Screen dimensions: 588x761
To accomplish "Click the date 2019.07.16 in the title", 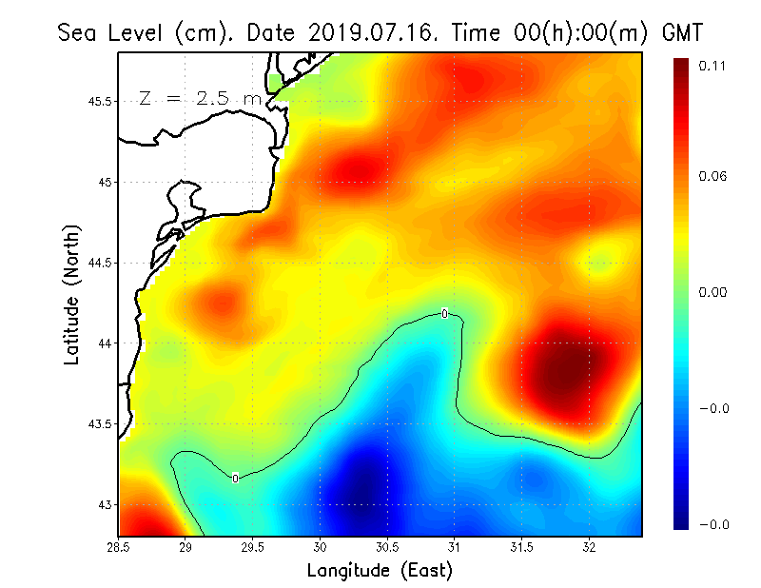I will pyautogui.click(x=369, y=32).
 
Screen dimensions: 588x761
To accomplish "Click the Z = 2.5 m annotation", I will pyautogui.click(x=199, y=98).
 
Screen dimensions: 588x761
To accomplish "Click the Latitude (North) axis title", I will pyautogui.click(x=71, y=294).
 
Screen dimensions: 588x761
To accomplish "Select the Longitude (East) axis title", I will pyautogui.click(x=380, y=571).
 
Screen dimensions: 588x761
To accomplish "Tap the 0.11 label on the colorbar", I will pyautogui.click(x=712, y=66).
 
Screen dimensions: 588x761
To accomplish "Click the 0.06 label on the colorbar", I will pyautogui.click(x=712, y=177).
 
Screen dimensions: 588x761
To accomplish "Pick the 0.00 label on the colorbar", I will pyautogui.click(x=712, y=293).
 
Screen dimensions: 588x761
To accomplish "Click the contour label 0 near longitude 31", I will pyautogui.click(x=444, y=313).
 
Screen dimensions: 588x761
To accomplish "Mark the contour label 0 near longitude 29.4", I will pyautogui.click(x=235, y=478).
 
